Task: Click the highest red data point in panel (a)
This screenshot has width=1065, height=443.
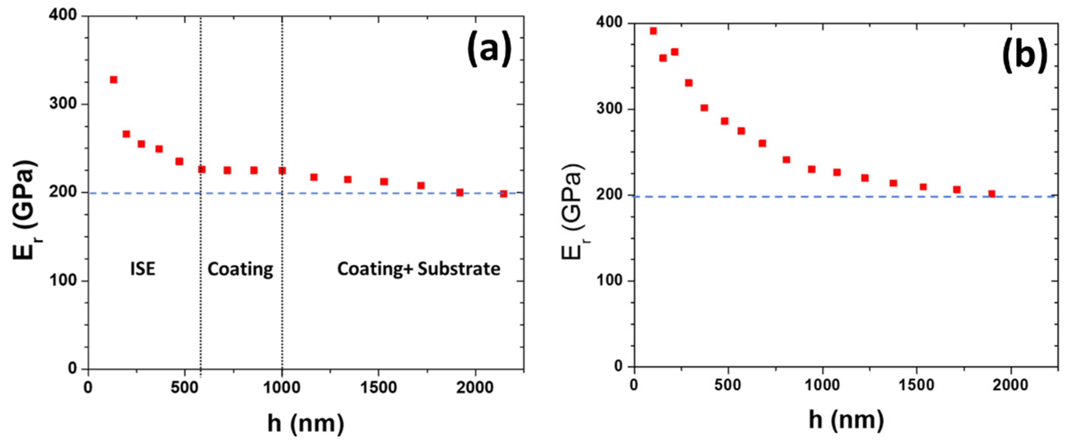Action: pyautogui.click(x=113, y=80)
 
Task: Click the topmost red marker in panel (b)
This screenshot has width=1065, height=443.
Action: pyautogui.click(x=653, y=31)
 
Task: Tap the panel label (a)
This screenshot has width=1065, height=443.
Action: pyautogui.click(x=489, y=49)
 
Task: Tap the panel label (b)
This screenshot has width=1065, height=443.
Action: pyautogui.click(x=1025, y=56)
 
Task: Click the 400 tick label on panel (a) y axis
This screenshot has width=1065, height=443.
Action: pyautogui.click(x=63, y=15)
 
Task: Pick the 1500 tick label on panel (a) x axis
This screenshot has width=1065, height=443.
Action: pyautogui.click(x=378, y=388)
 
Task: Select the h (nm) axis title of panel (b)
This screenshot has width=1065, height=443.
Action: pyautogui.click(x=846, y=420)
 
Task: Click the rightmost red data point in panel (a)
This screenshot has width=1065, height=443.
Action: pyautogui.click(x=503, y=194)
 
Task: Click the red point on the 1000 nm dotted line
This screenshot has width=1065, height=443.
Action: pyautogui.click(x=282, y=170)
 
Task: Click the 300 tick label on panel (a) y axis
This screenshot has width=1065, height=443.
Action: pyautogui.click(x=63, y=104)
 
